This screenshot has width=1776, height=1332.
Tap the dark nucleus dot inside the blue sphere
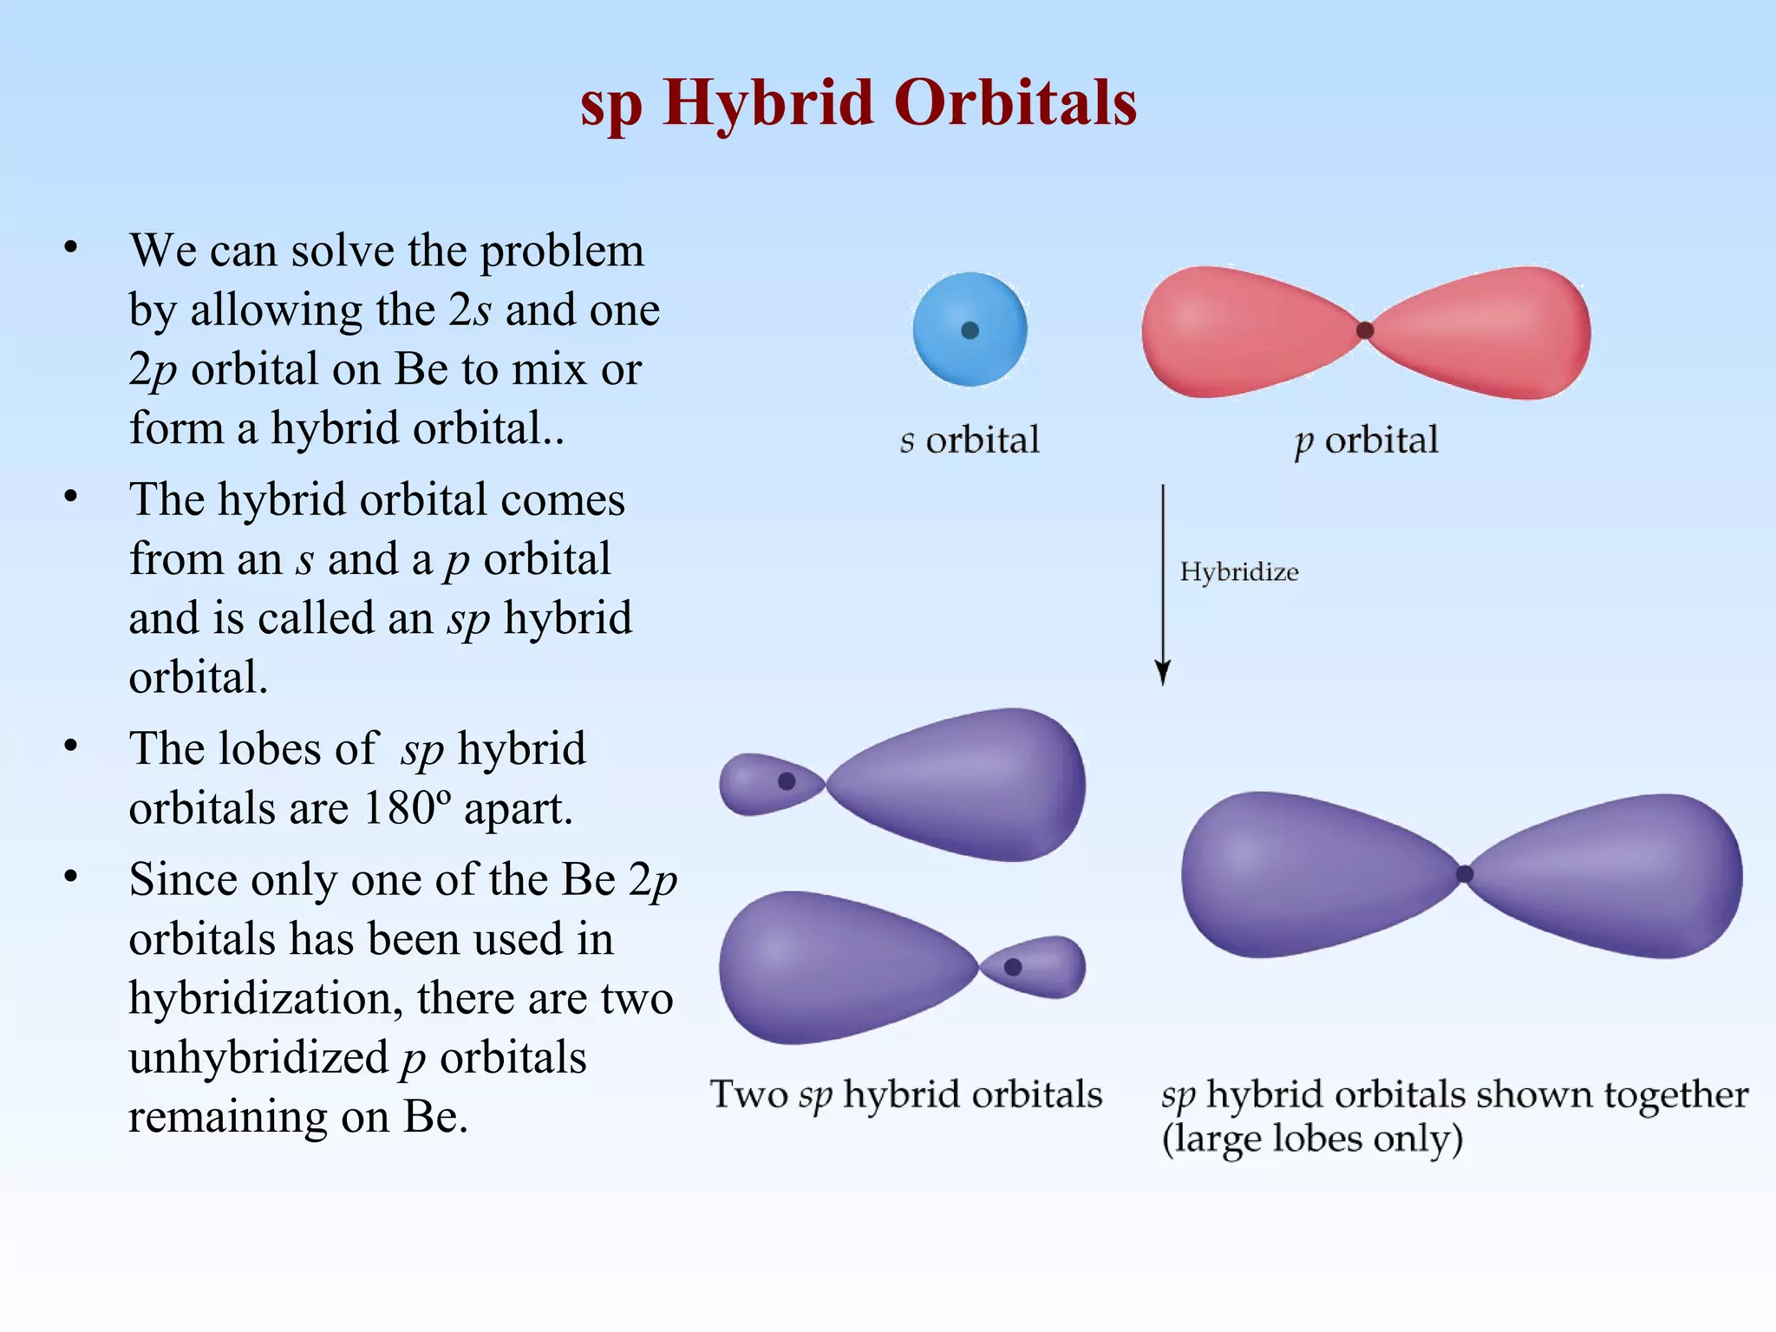[x=970, y=330]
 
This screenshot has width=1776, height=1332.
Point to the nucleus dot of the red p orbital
[x=1365, y=330]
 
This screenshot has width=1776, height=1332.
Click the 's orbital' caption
[x=970, y=441]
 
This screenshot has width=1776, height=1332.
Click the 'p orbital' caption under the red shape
[x=1367, y=441]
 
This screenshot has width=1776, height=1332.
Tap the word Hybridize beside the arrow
[x=1239, y=572]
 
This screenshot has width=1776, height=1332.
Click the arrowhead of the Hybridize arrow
[x=1163, y=673]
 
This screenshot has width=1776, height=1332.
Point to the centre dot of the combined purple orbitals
[x=1465, y=874]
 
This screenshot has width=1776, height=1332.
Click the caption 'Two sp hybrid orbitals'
[x=906, y=1094]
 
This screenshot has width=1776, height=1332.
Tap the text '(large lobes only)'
[x=1312, y=1139]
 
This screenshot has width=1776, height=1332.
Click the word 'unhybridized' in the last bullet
[x=258, y=1058]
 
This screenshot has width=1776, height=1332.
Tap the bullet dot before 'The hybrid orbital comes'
[x=71, y=498]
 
